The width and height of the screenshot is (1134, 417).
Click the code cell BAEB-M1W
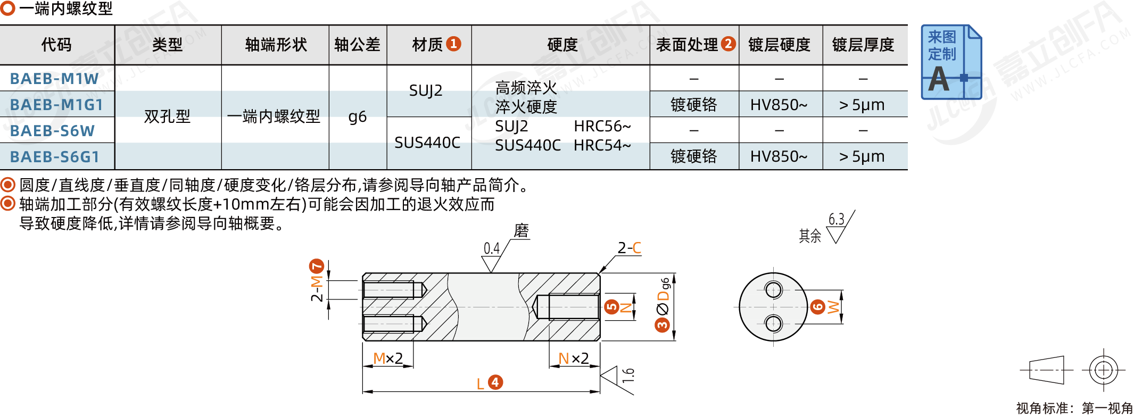(54, 79)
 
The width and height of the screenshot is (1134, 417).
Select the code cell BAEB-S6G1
(55, 157)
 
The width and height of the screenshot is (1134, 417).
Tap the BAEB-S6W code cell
(52, 131)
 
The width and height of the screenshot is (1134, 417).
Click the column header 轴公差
(357, 45)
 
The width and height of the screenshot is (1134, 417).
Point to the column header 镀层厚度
(863, 45)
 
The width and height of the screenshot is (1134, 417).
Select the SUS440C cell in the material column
(427, 143)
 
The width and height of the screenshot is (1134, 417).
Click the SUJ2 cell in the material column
(426, 91)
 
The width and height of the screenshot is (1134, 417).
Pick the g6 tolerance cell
(357, 116)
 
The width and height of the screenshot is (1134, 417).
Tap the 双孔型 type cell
(167, 116)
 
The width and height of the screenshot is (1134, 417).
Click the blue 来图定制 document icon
(951, 62)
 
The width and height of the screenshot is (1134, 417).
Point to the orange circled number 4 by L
(495, 382)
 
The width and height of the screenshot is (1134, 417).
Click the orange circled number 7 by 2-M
(317, 266)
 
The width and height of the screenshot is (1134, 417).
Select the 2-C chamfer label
(629, 248)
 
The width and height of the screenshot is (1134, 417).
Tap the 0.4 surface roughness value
(491, 248)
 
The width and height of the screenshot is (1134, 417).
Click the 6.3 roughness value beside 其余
(836, 219)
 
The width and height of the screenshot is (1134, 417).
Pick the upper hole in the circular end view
(773, 290)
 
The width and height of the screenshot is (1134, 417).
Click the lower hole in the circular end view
(773, 323)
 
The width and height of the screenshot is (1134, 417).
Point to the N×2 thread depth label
(573, 358)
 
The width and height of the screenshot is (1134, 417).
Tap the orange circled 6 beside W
(817, 306)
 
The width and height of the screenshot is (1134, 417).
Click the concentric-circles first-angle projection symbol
(1104, 370)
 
